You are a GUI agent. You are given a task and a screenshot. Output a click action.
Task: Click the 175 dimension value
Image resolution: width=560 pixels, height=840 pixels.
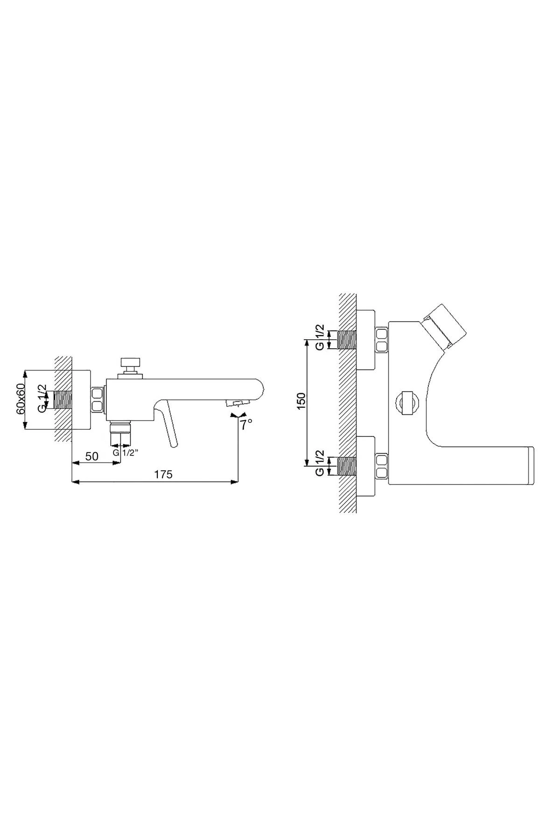click(163, 474)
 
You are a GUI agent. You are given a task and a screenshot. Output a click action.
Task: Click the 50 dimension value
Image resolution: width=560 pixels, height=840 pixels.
click(92, 456)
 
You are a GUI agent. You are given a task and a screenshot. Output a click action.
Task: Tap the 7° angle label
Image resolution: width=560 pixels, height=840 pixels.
click(246, 424)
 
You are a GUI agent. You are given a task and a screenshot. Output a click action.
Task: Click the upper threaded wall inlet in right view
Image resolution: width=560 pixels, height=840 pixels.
click(346, 339)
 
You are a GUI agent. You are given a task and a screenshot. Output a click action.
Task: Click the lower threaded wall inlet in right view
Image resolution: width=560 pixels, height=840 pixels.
click(346, 466)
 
